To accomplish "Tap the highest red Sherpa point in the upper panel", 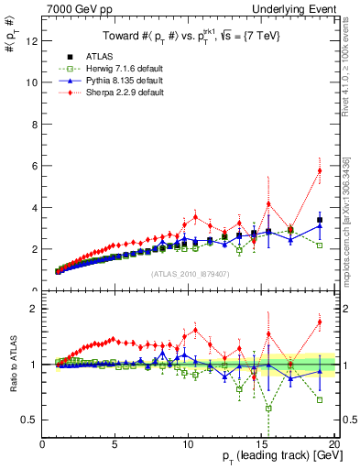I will pyautogui.click(x=320, y=170).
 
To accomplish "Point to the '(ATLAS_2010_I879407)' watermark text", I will pyautogui.click(x=190, y=272).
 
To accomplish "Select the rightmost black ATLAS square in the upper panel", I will pyautogui.click(x=320, y=220).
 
